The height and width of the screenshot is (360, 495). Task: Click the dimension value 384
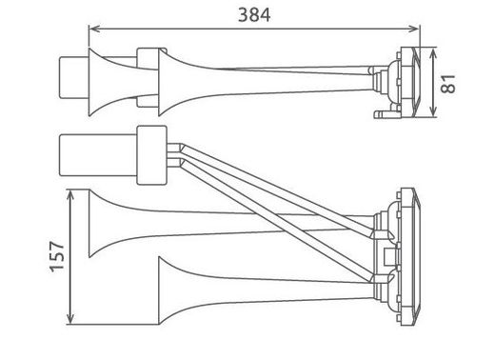pyautogui.click(x=252, y=16)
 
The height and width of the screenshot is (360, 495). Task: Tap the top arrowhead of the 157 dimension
pyautogui.click(x=72, y=191)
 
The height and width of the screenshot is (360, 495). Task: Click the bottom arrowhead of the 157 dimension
pyautogui.click(x=72, y=319)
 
